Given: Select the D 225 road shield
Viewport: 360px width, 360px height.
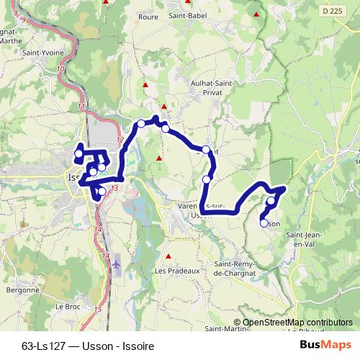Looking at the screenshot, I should point(333,12).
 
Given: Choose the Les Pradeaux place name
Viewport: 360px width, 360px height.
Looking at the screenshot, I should point(174,271).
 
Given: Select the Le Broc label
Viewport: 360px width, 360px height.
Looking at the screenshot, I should point(66,306).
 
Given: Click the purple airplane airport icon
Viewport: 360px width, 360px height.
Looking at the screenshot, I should point(117,264).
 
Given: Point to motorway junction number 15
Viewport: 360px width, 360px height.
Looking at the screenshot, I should point(97,309).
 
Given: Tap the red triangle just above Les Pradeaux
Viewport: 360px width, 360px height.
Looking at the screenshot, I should point(168,256).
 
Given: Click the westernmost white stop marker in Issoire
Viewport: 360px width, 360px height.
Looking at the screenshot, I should point(78,153).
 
